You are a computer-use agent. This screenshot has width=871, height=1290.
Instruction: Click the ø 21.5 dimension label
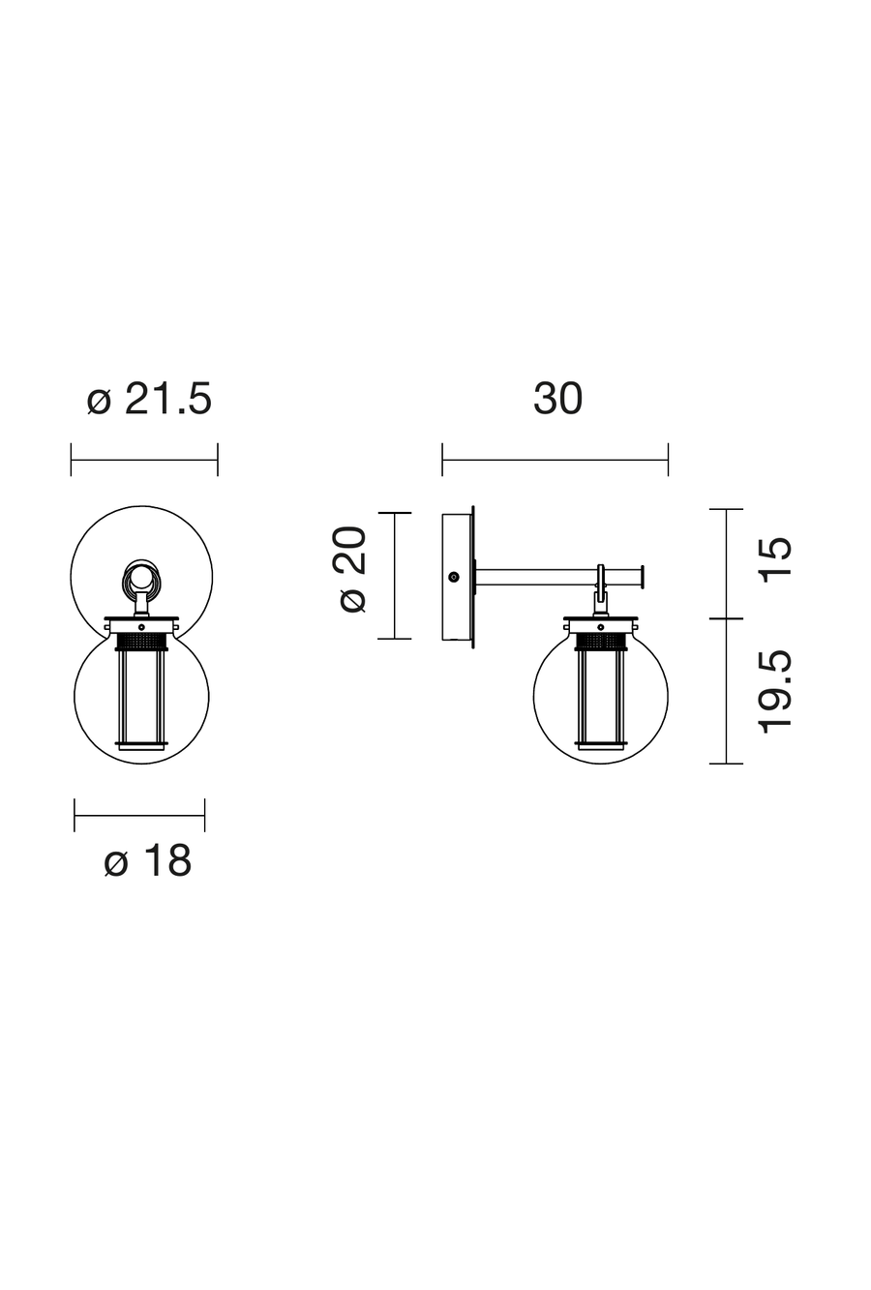coord(150,399)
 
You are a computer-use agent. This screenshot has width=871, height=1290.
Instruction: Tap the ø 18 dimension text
coord(148,861)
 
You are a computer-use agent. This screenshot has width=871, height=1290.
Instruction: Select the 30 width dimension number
coord(557,399)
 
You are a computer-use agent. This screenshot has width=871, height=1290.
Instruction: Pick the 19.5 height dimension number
coord(776,692)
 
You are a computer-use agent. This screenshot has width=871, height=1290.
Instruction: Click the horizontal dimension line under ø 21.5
coord(144,460)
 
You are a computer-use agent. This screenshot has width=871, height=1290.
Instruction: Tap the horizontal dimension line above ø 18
coord(139,815)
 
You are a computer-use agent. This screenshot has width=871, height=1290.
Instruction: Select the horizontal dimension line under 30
coord(556,460)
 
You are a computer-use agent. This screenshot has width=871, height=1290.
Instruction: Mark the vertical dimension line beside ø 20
coord(395,576)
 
